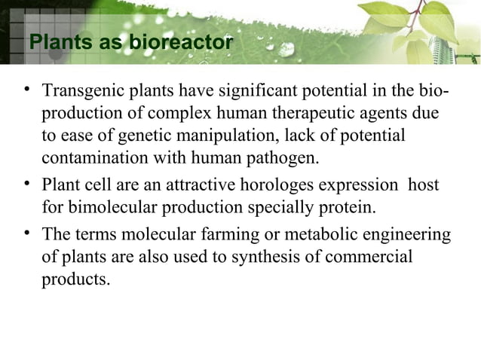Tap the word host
pyautogui.click(x=423, y=185)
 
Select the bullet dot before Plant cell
pyautogui.click(x=26, y=183)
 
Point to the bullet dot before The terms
pyautogui.click(x=26, y=234)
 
